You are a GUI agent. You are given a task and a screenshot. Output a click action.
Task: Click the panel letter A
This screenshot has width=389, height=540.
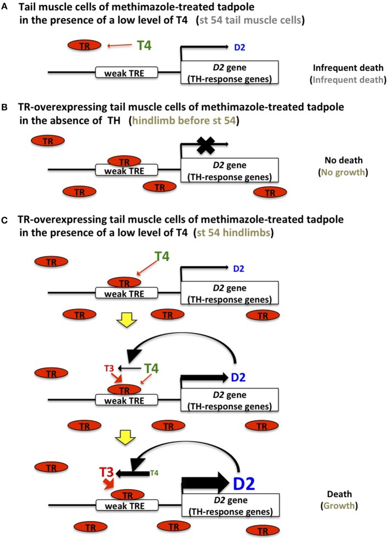(x=4, y=7)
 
